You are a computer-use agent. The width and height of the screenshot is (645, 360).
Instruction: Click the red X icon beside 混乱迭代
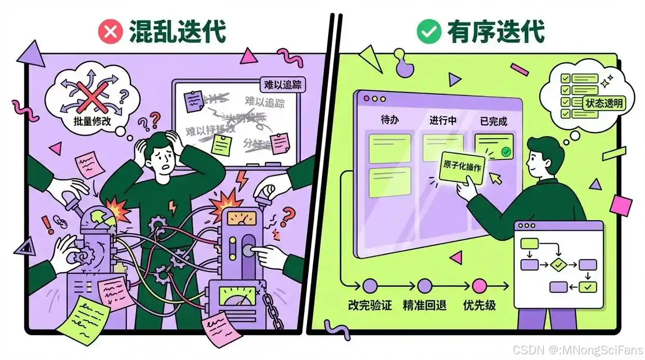point(111,32)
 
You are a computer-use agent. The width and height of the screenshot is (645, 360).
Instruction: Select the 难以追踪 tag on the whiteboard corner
point(282,85)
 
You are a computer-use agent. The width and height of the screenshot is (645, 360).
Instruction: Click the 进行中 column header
point(442,121)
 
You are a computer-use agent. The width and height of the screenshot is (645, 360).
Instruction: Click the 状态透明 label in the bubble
point(604,103)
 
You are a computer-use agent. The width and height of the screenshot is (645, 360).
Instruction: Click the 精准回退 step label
point(424,305)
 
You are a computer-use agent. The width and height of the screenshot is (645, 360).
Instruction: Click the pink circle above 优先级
point(479,285)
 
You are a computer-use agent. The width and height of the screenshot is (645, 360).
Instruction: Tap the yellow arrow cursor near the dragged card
point(497,179)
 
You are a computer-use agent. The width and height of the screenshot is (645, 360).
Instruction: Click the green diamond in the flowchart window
point(558,264)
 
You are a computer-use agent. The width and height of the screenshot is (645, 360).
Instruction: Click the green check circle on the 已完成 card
point(505,152)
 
